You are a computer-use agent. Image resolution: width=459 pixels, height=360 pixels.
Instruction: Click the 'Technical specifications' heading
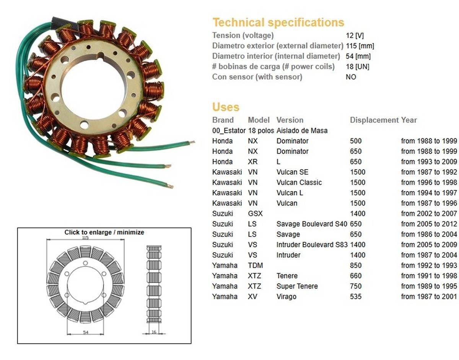click(x=278, y=23)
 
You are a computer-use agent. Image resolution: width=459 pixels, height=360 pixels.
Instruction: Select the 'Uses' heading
click(x=226, y=107)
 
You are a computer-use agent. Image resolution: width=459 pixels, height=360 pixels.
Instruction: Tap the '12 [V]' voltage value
click(x=355, y=36)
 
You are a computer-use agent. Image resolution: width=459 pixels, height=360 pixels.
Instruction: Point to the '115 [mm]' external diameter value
click(x=360, y=46)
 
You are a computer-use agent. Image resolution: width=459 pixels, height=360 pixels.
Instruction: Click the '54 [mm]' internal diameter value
click(x=358, y=56)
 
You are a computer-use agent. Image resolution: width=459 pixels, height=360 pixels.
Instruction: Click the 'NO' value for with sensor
click(x=351, y=77)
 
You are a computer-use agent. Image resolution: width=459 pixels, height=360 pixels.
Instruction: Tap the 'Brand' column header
click(x=223, y=120)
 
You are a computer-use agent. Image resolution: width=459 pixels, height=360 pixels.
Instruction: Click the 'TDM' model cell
click(x=255, y=266)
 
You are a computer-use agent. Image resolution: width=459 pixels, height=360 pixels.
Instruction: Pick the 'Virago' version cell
click(x=286, y=297)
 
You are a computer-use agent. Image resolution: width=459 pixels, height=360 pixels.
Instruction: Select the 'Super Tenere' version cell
click(x=297, y=286)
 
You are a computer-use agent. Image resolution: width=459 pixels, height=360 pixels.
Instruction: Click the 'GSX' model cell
click(x=255, y=214)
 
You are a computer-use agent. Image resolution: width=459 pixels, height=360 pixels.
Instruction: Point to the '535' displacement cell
click(x=355, y=297)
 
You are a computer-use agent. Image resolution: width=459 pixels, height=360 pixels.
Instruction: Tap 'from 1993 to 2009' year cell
click(x=429, y=162)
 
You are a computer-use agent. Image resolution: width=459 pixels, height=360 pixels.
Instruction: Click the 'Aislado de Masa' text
click(x=302, y=131)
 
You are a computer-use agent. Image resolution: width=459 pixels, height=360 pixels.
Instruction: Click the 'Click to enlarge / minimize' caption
click(x=104, y=232)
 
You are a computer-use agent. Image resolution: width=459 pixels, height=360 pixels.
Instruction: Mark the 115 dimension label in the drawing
click(x=85, y=238)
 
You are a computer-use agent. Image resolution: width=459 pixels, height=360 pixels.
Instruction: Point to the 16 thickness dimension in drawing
click(x=154, y=332)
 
